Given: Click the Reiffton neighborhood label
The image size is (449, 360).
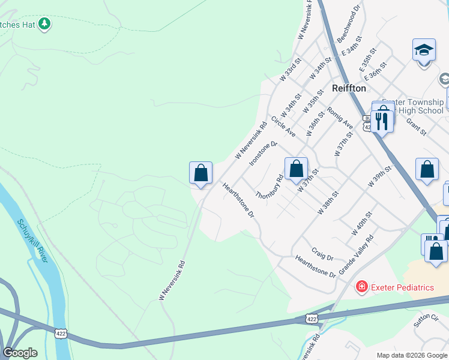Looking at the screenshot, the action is [x=349, y=88].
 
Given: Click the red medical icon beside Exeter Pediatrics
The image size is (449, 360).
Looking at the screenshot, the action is [x=361, y=287].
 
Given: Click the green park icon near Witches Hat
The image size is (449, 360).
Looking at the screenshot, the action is [x=44, y=23].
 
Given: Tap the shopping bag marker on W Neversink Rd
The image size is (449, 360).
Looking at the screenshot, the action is [x=201, y=173].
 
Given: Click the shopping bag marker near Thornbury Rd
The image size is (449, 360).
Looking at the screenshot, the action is [x=296, y=169].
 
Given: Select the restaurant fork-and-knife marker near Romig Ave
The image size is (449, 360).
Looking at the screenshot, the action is [x=382, y=121].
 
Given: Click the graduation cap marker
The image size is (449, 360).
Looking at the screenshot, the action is [x=424, y=50].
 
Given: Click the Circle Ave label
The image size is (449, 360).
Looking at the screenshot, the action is [x=283, y=126].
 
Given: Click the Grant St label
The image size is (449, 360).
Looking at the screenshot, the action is [x=415, y=127].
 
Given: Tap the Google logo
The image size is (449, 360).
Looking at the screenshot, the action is [x=20, y=353].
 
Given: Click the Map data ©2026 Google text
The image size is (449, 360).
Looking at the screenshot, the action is [x=412, y=355].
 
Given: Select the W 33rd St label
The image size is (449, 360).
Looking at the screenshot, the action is [x=290, y=71].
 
